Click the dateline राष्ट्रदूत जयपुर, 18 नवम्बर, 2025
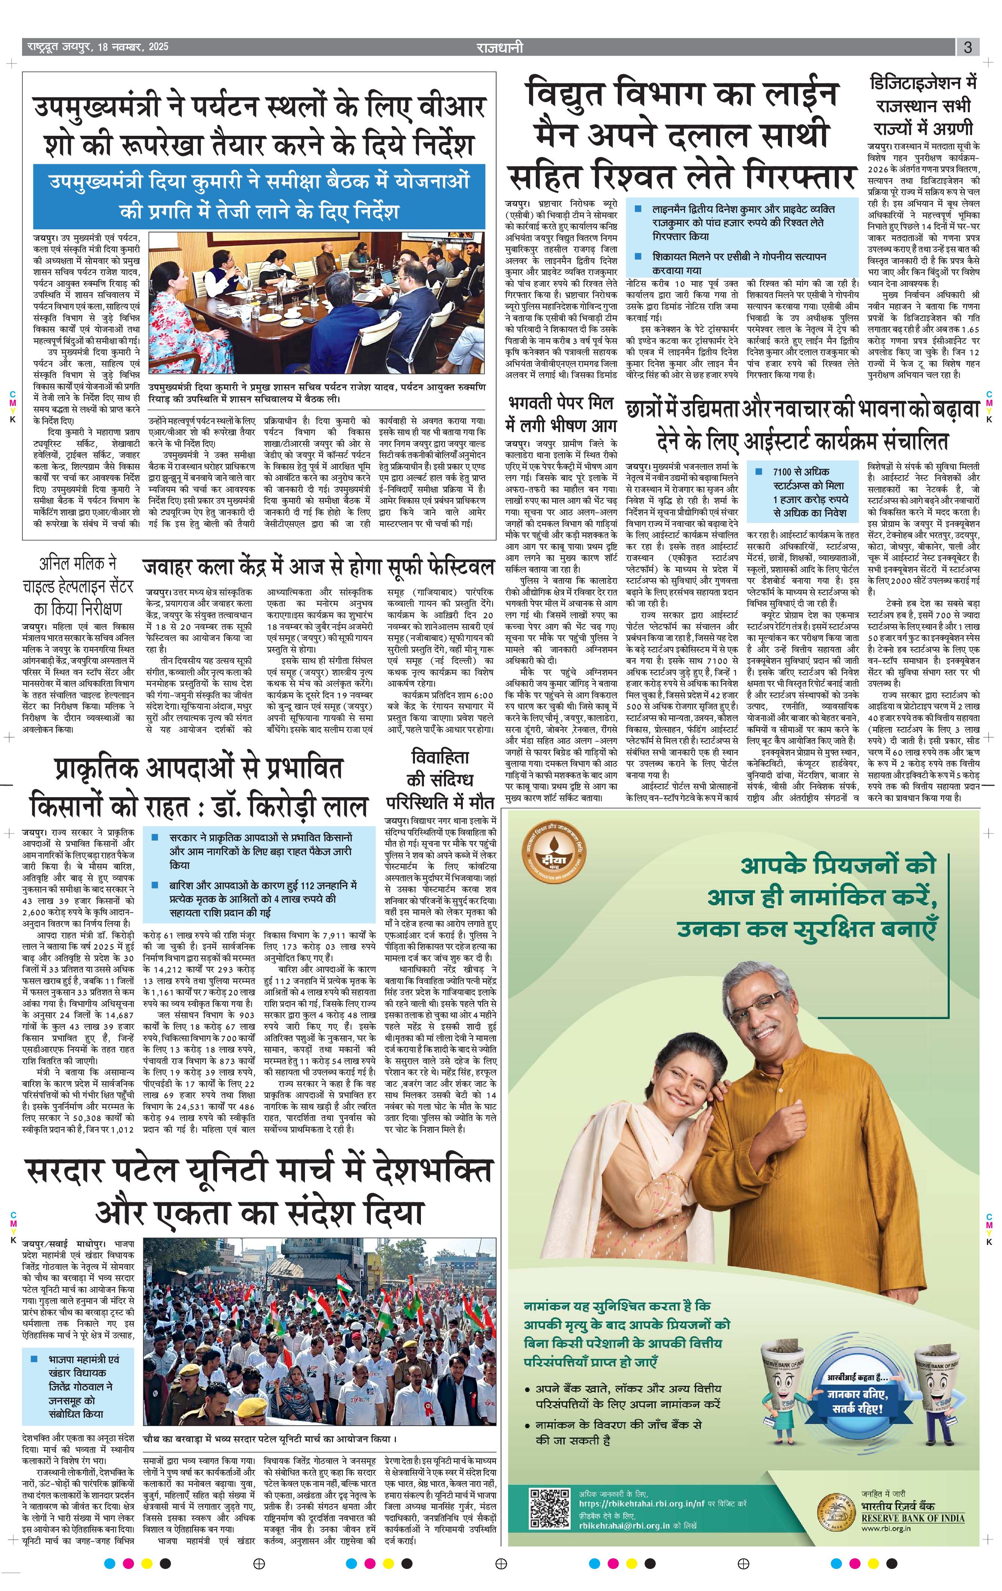[98, 47]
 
